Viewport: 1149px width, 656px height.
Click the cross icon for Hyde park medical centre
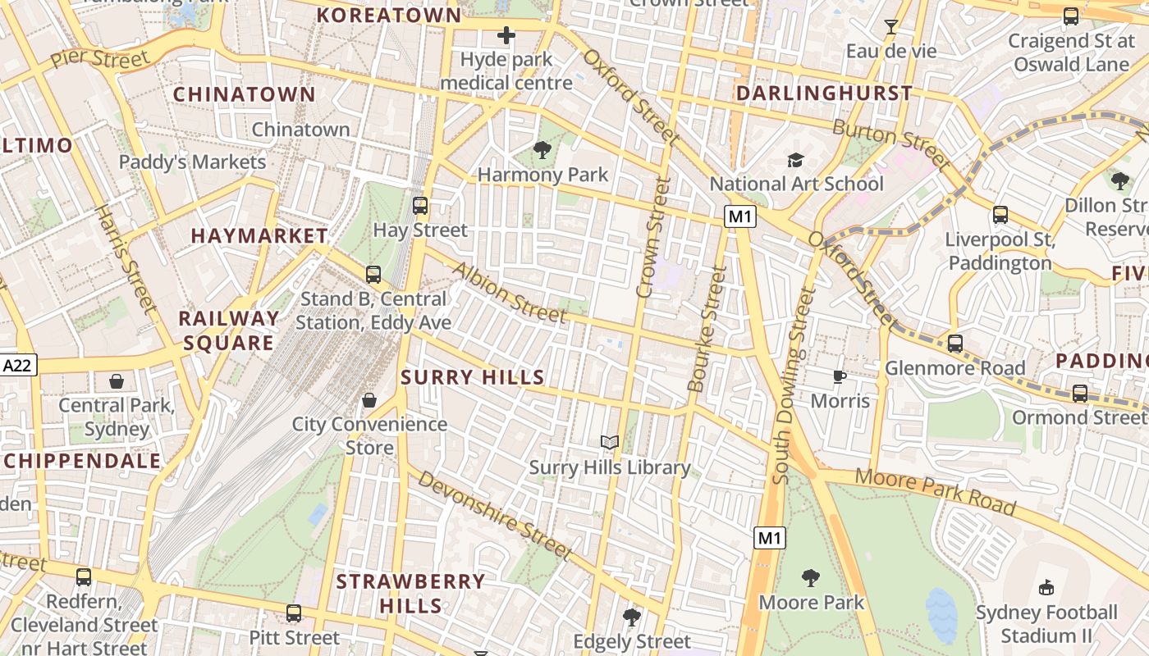click(506, 35)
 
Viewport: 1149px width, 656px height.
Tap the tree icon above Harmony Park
click(542, 149)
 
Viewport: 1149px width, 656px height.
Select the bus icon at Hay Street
click(420, 205)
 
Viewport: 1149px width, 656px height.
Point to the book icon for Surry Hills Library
click(609, 443)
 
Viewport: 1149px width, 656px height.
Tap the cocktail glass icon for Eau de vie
click(890, 27)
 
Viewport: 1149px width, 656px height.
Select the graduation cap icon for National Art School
click(795, 159)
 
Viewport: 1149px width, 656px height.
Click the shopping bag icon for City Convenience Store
click(369, 400)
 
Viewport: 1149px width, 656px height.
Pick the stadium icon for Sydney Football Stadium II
click(1046, 587)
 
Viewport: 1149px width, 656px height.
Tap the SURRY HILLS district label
click(472, 377)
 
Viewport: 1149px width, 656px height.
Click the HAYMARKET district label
click(259, 236)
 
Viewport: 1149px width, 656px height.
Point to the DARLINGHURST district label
click(824, 93)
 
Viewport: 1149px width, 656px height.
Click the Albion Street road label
click(509, 293)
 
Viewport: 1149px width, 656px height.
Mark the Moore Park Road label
click(936, 492)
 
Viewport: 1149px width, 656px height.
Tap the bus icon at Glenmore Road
click(954, 344)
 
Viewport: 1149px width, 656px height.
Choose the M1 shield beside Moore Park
click(769, 538)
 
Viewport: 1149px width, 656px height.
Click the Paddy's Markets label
click(193, 162)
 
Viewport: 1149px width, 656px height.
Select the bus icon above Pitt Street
click(294, 613)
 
